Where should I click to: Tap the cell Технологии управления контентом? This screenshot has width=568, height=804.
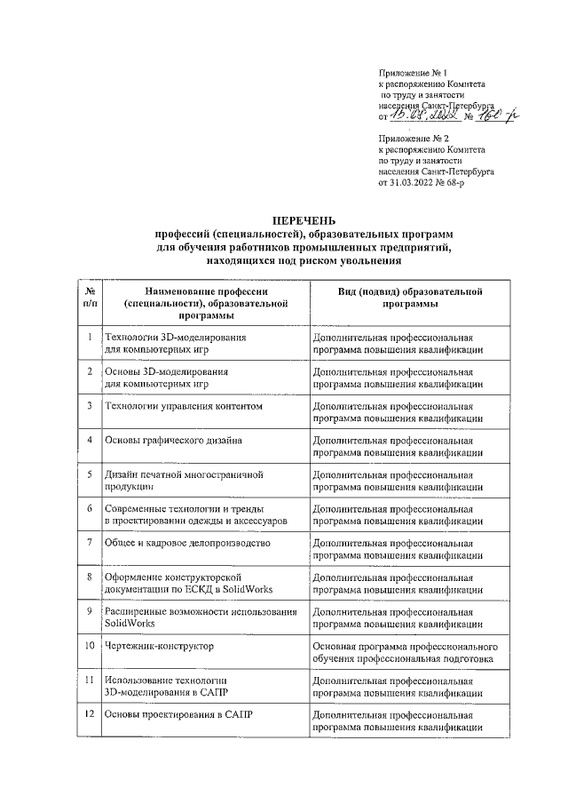[x=185, y=406]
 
